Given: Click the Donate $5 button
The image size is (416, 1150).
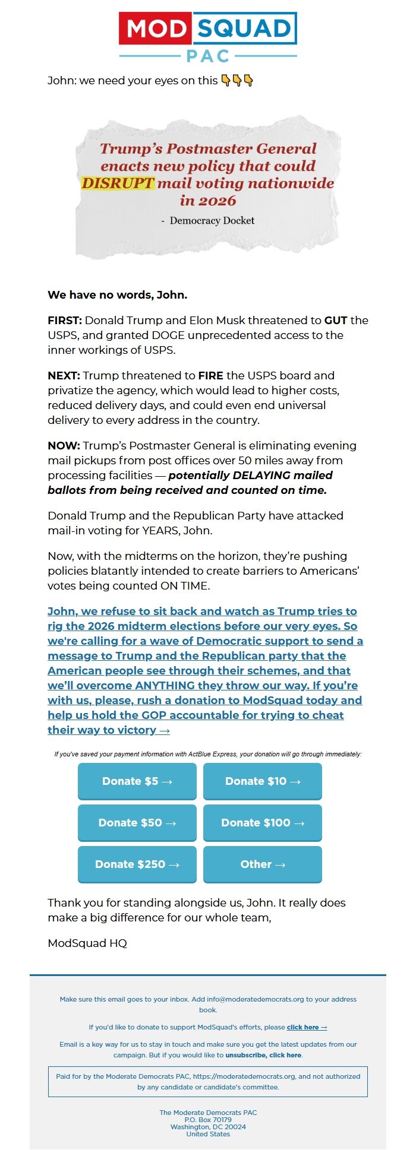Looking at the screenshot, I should pos(137,781).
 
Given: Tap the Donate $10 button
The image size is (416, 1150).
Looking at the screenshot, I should pos(262,781).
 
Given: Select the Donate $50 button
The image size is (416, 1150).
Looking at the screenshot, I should pos(137,823).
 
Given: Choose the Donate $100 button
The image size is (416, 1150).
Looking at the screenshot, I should pos(262,823).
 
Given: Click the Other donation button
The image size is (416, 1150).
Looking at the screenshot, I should pos(262,864).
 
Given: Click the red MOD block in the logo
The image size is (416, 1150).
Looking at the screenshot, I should pos(156,28).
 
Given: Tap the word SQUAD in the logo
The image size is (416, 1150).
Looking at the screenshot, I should pos(244,28).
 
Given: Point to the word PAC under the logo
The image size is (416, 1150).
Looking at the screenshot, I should pos(208,56).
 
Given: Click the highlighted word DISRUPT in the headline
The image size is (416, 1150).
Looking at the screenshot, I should pos(118,183).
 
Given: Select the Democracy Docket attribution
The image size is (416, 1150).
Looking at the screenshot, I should pos(212,220).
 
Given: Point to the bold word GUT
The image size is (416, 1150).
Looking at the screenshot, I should pos(335,321).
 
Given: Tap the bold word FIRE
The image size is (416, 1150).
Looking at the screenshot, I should pos(210,376).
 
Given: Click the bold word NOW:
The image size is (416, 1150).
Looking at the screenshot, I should pos(64,446).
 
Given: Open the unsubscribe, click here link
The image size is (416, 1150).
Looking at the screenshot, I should pos(263,1055).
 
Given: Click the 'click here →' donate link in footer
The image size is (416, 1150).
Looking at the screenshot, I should pos(307,1027).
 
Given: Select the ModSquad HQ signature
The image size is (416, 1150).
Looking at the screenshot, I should pos(87,943).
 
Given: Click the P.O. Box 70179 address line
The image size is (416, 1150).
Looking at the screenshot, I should pos(208,1120).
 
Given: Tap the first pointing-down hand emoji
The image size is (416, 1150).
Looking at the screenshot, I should pos(226,80).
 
